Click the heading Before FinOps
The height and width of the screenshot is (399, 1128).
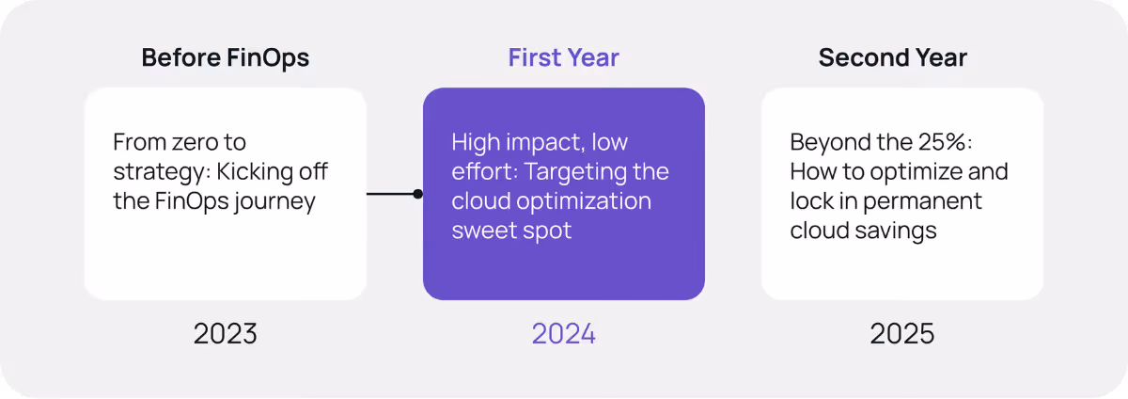click(225, 57)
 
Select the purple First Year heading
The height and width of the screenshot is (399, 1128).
click(563, 57)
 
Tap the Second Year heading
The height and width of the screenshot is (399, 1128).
click(892, 57)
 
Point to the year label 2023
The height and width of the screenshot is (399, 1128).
click(225, 333)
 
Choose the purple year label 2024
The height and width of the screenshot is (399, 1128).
click(563, 333)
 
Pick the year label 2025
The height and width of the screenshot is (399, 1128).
click(901, 333)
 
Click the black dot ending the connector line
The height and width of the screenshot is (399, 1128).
click(417, 194)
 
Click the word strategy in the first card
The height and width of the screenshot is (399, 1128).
click(150, 173)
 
